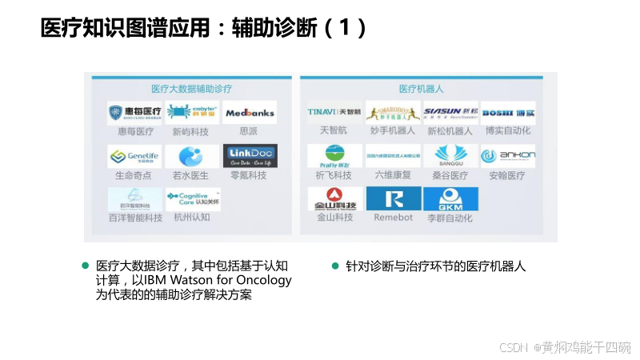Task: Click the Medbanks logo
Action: [x=250, y=113]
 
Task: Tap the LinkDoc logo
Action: [x=250, y=155]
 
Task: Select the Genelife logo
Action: [x=134, y=156]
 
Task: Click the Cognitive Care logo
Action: [x=193, y=198]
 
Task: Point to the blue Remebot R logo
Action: [x=394, y=198]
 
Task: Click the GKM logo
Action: [x=450, y=199]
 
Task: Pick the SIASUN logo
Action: [x=450, y=113]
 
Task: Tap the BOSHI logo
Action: [x=507, y=113]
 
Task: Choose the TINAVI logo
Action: [x=335, y=113]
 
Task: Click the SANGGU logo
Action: [x=450, y=155]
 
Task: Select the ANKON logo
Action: [x=507, y=155]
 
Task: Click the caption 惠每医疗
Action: [x=134, y=131]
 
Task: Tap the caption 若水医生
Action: [x=191, y=174]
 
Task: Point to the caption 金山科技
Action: [x=335, y=217]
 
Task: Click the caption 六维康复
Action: [x=394, y=174]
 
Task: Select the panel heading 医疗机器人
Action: [x=422, y=88]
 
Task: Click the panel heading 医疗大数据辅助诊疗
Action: [x=192, y=88]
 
